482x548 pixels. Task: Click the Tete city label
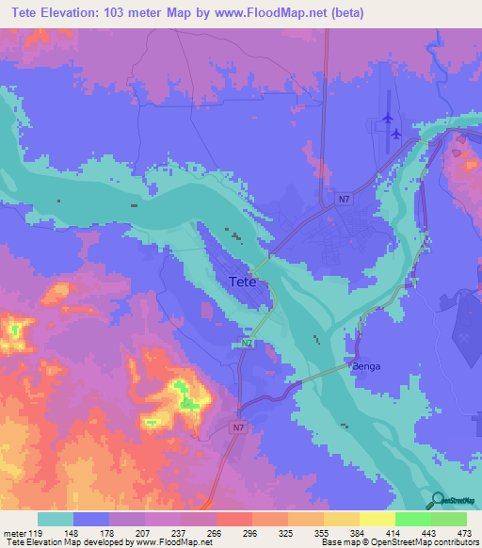click(x=244, y=282)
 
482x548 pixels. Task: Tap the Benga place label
click(x=366, y=366)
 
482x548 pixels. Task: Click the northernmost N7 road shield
click(x=344, y=199)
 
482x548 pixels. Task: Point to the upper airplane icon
click(x=387, y=118)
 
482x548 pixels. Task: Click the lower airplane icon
click(x=395, y=134)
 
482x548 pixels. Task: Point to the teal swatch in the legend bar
click(x=56, y=519)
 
